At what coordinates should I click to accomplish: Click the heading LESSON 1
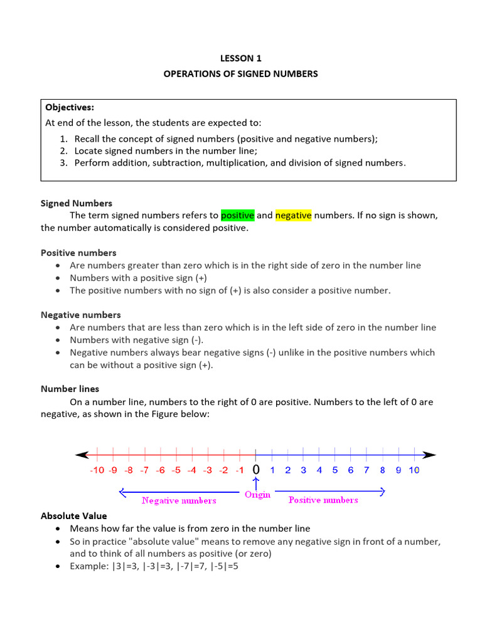click(x=240, y=58)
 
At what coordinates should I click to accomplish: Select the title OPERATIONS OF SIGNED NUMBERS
click(x=240, y=74)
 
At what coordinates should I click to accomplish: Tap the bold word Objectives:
click(x=70, y=107)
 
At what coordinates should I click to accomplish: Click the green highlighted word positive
click(x=237, y=216)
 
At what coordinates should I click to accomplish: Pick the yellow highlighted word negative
click(x=293, y=216)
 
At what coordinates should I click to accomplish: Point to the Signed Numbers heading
click(x=77, y=203)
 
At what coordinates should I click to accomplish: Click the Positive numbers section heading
click(x=78, y=253)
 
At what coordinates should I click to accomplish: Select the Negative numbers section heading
click(x=81, y=315)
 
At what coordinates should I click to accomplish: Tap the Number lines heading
click(x=70, y=389)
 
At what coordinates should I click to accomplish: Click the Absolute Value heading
click(x=74, y=516)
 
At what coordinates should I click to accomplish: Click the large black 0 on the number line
click(x=256, y=470)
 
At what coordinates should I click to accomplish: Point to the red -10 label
click(x=97, y=470)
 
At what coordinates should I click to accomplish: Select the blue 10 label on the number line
click(x=414, y=470)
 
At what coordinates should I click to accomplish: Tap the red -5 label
click(x=176, y=470)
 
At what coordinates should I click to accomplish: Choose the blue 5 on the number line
click(x=335, y=470)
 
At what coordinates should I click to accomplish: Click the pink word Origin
click(x=257, y=495)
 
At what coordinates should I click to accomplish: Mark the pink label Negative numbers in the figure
click(x=179, y=500)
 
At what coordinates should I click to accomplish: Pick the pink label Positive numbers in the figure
click(x=323, y=500)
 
